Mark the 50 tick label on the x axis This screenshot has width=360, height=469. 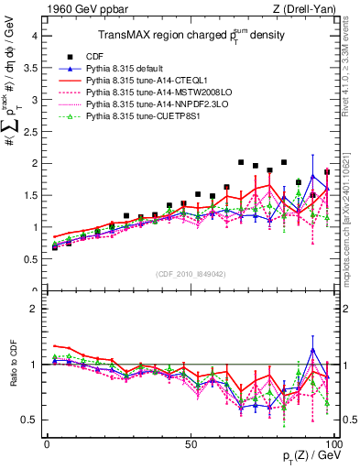click(x=191, y=442)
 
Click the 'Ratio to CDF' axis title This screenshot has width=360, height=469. click(x=12, y=365)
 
